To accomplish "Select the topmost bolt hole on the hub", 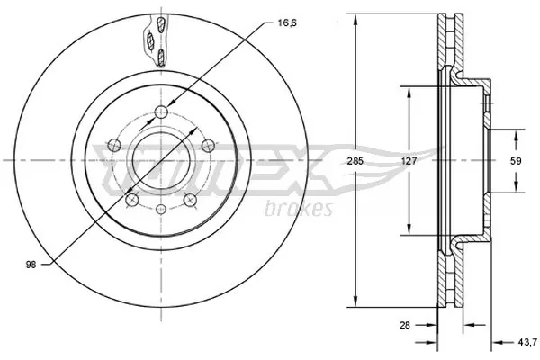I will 160,112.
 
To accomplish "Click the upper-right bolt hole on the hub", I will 207,145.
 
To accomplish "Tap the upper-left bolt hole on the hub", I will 112,144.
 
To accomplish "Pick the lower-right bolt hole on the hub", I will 189,199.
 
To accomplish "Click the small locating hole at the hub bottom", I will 160,210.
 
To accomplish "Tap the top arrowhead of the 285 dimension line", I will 357,17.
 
